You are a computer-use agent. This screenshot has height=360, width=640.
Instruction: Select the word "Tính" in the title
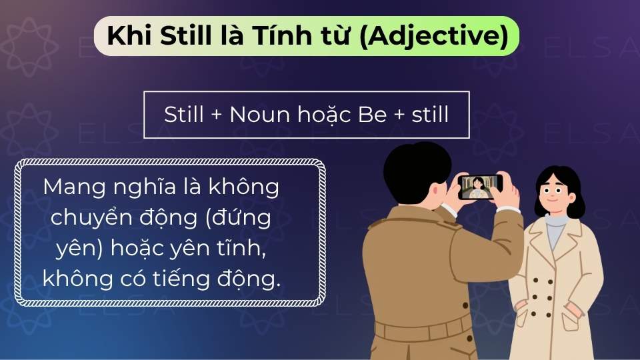pyautogui.click(x=279, y=36)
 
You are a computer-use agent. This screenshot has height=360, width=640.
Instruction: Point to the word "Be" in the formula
pyautogui.click(x=372, y=115)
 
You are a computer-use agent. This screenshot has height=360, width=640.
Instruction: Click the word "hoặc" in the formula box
pyautogui.click(x=323, y=116)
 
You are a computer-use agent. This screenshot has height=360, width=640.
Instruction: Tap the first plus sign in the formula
pyautogui.click(x=215, y=115)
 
